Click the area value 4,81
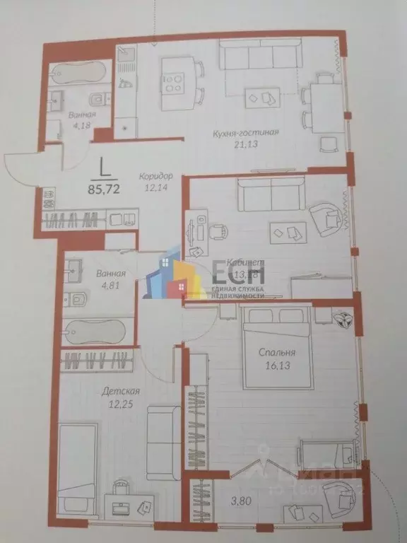pyautogui.click(x=93, y=287)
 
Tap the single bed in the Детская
pyautogui.click(x=73, y=460)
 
